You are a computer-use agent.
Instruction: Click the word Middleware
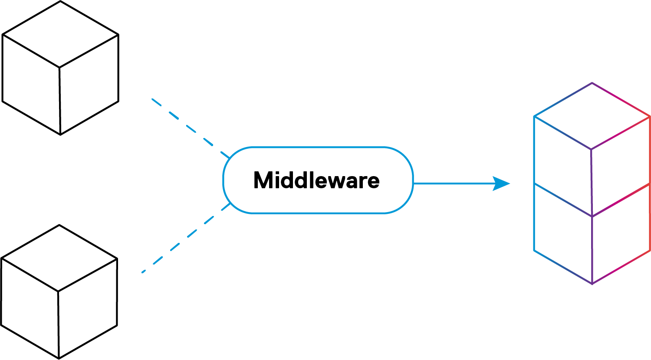pos(316,180)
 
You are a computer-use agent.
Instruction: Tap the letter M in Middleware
pos(263,180)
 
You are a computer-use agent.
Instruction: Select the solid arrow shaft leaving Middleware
pos(454,183)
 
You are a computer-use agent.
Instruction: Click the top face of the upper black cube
pos(60,35)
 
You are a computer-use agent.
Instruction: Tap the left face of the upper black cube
pos(31,85)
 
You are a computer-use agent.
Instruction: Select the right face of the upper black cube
pos(89,85)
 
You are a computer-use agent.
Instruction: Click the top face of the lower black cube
pos(59,259)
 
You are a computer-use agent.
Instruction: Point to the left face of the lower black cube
pos(30,308)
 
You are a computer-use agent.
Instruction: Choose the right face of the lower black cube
pos(88,308)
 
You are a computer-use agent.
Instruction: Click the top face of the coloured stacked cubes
pos(592,116)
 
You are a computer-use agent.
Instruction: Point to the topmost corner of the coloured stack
pos(592,83)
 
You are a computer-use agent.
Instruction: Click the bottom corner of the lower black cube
pos(59,358)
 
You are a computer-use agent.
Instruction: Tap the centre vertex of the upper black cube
pos(59,68)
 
